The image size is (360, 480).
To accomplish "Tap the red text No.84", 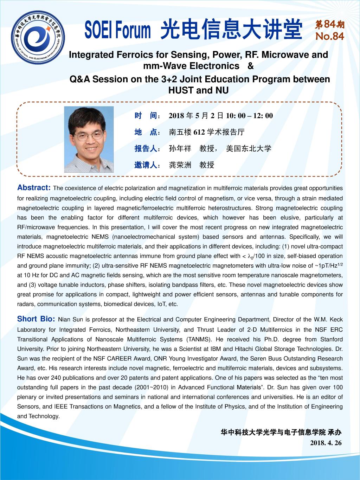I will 329,37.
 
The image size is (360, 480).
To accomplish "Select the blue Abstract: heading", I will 34,187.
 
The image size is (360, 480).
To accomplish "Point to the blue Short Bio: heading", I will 36,319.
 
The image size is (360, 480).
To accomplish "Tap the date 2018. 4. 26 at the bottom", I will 326,443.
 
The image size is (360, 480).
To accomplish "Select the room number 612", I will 199,132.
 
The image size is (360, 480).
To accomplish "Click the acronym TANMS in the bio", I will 199,339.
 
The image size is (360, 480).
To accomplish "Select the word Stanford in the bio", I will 331,339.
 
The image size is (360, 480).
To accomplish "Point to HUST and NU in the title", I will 199,90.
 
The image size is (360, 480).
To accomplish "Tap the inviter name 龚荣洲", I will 180,165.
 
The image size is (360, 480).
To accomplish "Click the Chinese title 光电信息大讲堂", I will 231,30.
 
